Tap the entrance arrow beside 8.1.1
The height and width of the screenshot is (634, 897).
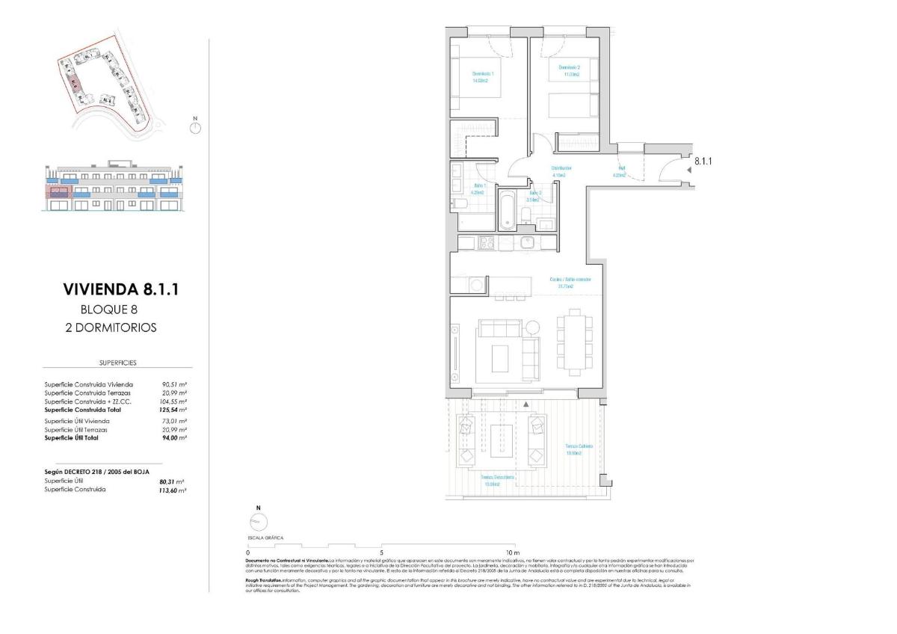point(688,170)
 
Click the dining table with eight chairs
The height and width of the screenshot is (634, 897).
point(574,342)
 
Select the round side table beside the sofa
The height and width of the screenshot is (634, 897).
point(531,327)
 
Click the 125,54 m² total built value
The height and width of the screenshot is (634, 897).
point(173,410)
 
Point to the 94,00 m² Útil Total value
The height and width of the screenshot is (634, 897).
point(173,437)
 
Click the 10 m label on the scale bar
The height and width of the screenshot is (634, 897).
point(513,553)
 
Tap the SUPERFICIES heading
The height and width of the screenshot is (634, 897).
point(117,363)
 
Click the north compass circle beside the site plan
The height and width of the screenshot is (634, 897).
point(195,128)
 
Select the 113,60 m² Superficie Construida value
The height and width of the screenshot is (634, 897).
point(173,490)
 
